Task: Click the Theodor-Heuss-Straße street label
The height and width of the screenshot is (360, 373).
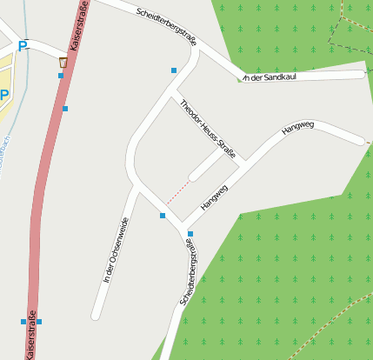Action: click(x=208, y=130)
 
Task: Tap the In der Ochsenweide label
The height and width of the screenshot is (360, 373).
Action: click(x=116, y=250)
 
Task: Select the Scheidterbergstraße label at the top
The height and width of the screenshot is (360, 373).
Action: click(x=167, y=26)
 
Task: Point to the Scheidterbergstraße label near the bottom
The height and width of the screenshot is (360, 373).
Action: click(x=190, y=273)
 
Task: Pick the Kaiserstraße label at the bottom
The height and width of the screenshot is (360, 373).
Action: click(x=31, y=334)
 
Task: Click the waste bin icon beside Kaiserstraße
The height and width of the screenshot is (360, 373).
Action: click(x=63, y=63)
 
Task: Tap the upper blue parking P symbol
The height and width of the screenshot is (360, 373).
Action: click(x=23, y=46)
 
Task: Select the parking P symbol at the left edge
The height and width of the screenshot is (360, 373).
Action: click(x=4, y=95)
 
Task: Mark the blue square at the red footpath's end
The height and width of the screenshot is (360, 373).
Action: click(x=163, y=215)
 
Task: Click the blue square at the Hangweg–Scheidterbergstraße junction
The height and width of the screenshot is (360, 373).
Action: click(x=190, y=234)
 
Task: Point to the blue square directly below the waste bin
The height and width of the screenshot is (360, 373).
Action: click(x=61, y=76)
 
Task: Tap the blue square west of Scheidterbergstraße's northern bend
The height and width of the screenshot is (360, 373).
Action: click(x=174, y=70)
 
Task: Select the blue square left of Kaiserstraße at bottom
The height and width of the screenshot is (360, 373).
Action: click(x=23, y=322)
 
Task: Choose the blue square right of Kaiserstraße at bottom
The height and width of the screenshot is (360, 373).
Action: click(x=39, y=322)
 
